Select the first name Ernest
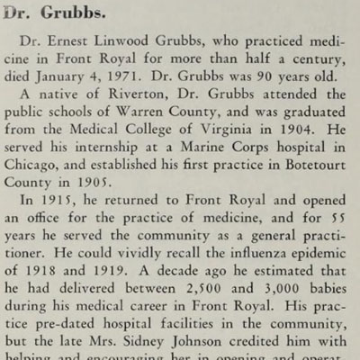point(77,45)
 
